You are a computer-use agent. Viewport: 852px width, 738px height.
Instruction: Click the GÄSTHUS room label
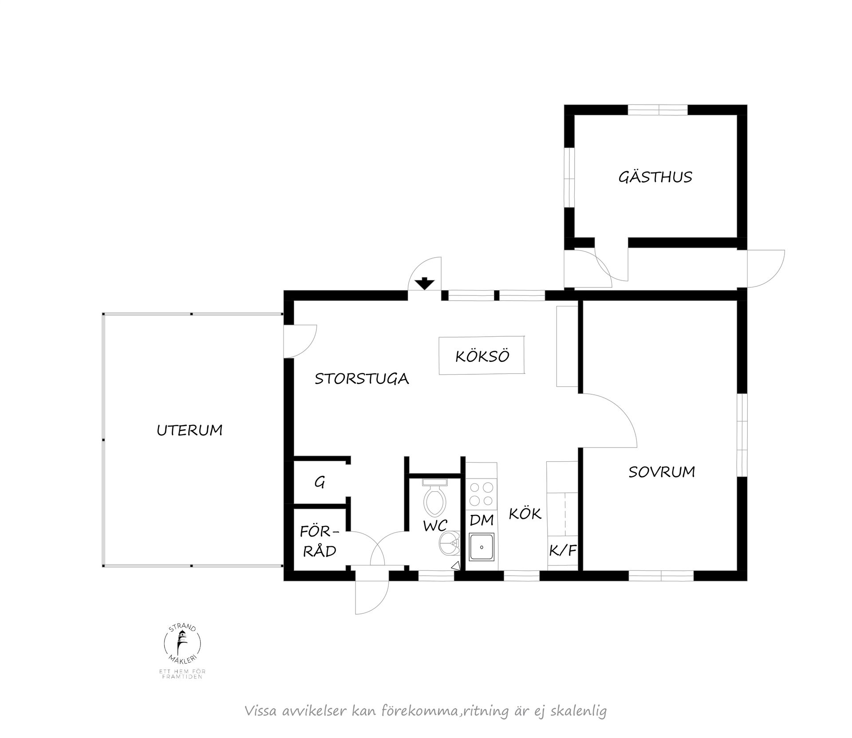point(655,177)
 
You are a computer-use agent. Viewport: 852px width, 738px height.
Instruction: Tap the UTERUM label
point(189,430)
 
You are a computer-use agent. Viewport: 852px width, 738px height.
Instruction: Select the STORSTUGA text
point(362,379)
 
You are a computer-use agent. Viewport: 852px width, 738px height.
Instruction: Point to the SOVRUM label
point(662,472)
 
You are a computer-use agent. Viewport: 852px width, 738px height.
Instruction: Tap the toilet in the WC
point(435,495)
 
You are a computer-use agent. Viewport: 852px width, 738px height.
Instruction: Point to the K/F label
point(563,551)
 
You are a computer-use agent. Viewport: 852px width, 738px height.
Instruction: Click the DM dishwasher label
point(481,520)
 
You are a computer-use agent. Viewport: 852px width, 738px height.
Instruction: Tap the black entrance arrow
point(425,283)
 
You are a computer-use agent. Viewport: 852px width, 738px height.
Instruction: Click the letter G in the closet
point(319,482)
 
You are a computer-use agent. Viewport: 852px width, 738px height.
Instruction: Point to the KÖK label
point(525,514)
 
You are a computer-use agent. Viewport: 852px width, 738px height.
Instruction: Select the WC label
point(435,526)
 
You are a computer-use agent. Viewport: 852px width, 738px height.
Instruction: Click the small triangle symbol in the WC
point(455,566)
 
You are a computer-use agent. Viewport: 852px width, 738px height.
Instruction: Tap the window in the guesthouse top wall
point(658,110)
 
